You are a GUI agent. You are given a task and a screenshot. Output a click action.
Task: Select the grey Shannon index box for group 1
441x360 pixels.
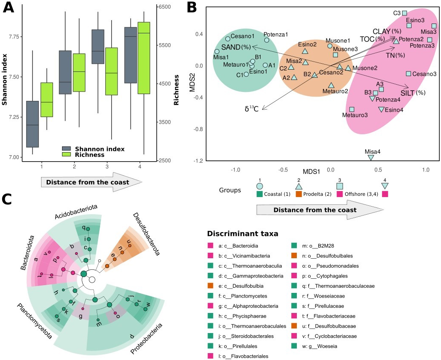[33, 124]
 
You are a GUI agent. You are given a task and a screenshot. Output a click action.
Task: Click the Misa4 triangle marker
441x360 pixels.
[371, 158]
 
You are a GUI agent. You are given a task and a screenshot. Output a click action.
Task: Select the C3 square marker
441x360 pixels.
[405, 13]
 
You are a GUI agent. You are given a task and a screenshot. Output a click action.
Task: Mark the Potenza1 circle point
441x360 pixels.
[267, 40]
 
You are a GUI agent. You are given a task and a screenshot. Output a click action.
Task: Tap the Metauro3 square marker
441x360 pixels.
[352, 109]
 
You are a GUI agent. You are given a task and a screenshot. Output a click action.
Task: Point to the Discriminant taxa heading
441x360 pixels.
[243, 233]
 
